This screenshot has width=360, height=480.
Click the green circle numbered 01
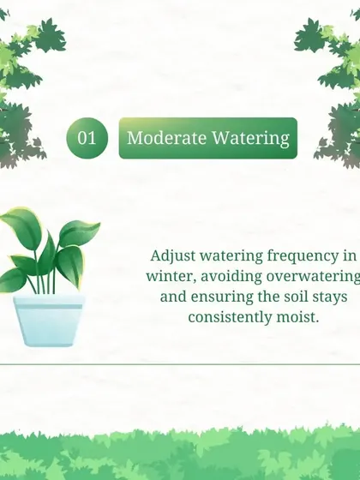[x=87, y=138]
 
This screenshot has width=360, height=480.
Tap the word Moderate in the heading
[x=166, y=138]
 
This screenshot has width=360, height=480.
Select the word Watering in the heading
[x=250, y=138]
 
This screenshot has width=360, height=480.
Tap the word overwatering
[x=313, y=276]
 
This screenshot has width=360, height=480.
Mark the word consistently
[x=230, y=317]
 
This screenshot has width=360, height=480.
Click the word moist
[x=297, y=317]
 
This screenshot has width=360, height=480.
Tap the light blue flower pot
[x=49, y=321]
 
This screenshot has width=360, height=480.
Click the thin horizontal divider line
[x=180, y=364]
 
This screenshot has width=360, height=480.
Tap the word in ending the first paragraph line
[x=350, y=256]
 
